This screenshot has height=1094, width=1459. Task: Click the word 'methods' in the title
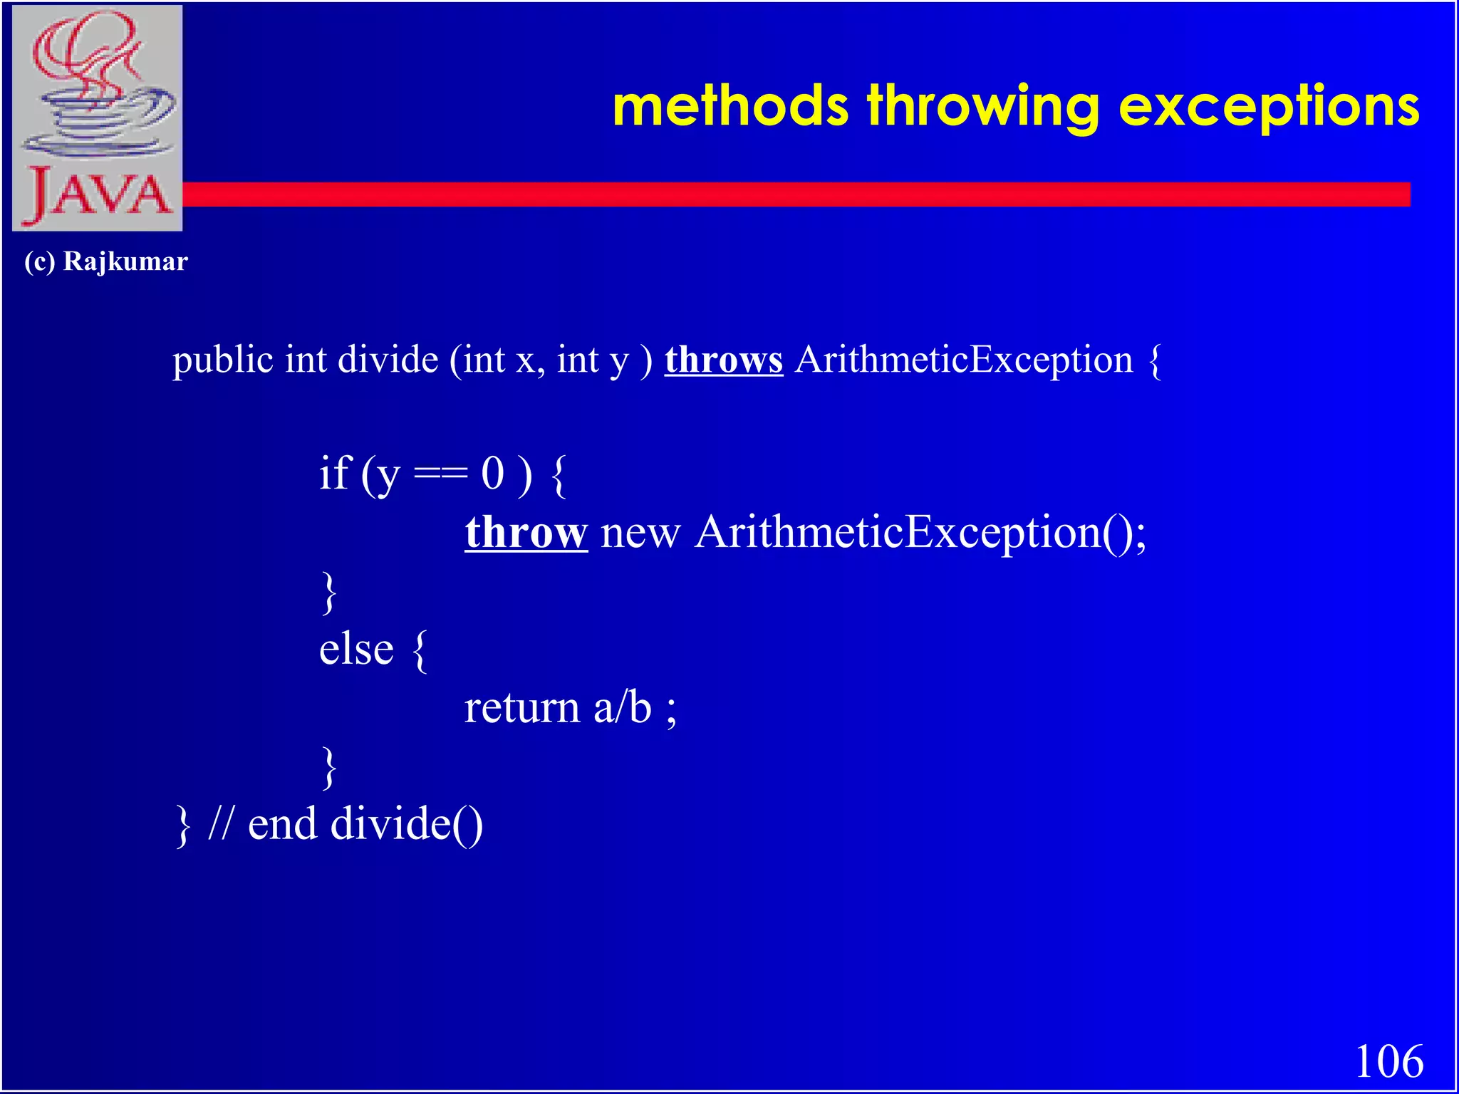[729, 107]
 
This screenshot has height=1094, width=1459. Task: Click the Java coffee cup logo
[98, 118]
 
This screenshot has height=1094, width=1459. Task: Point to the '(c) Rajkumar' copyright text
[106, 262]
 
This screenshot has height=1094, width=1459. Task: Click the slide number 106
[1388, 1061]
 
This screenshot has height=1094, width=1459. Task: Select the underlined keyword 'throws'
[724, 360]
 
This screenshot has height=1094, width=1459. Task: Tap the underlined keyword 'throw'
[526, 532]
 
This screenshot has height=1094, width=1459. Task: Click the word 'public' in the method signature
[223, 360]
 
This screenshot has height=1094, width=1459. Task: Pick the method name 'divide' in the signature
[388, 360]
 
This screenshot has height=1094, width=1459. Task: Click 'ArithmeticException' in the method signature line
[964, 360]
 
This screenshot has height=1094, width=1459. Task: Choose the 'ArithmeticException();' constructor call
[920, 533]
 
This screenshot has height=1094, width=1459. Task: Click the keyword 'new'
[640, 533]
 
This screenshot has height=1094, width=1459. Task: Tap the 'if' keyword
[335, 473]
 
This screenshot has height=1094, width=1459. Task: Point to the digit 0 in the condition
[492, 474]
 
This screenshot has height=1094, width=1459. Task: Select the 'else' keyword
[356, 650]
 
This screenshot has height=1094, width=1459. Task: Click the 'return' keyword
[522, 708]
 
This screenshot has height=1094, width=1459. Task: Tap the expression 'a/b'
[623, 708]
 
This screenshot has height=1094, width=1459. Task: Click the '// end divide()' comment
[346, 825]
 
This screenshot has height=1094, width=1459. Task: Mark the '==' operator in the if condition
[440, 474]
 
